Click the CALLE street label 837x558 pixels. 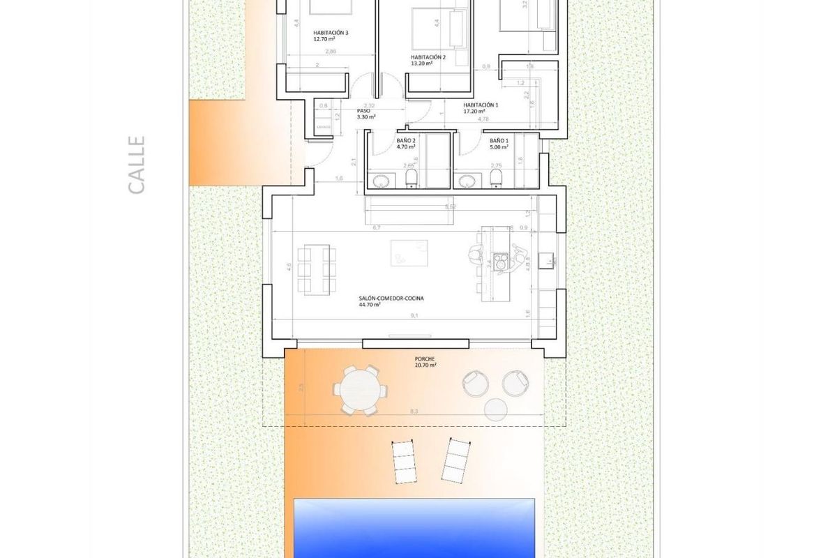(x=137, y=165)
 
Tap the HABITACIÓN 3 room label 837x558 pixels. (x=331, y=36)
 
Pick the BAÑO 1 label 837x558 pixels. (x=499, y=144)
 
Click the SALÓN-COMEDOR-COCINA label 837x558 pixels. (x=391, y=301)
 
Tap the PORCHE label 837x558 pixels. (x=425, y=361)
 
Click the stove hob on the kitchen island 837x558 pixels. (x=500, y=262)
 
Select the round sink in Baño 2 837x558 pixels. (x=382, y=181)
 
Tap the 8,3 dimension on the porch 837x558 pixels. (x=414, y=412)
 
